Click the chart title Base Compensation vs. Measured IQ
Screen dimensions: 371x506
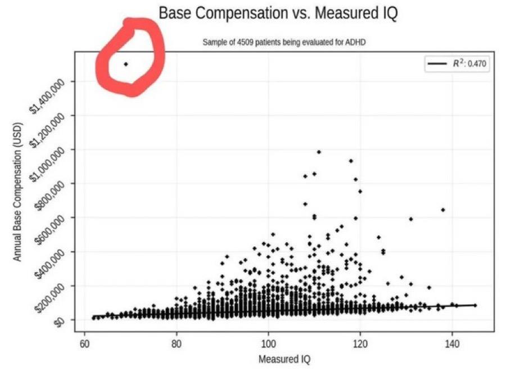(x=278, y=13)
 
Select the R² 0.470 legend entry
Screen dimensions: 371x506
(x=458, y=64)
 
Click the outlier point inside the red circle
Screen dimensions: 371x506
(x=126, y=64)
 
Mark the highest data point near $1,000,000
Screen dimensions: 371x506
(x=319, y=152)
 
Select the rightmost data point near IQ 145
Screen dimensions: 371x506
(x=475, y=305)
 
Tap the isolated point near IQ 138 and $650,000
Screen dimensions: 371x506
(x=443, y=210)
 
